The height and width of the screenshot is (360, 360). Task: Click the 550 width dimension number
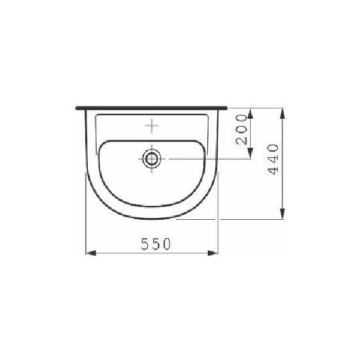pos(152,244)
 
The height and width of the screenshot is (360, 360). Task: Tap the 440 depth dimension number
pos(273,160)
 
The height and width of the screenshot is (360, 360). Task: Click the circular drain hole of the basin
pos(152,159)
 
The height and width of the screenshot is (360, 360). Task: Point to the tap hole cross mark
pos(152,126)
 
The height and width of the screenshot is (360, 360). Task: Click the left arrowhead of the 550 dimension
pos(89,253)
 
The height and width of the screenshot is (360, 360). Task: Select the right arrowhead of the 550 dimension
pos(215,253)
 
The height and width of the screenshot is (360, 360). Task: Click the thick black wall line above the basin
pos(152,108)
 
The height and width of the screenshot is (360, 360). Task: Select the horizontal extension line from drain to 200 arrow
pos(208,159)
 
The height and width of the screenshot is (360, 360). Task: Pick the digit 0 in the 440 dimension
pos(273,150)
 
